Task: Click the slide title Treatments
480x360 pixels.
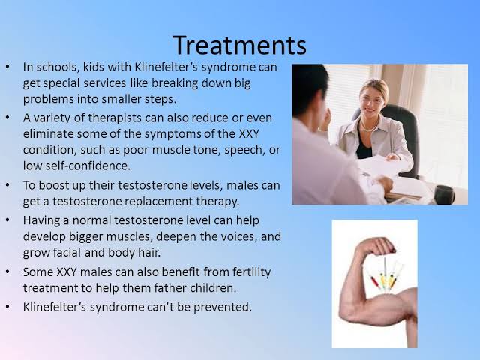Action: [x=239, y=45]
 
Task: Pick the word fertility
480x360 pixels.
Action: [x=252, y=271]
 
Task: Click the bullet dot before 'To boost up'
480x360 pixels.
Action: [x=7, y=185]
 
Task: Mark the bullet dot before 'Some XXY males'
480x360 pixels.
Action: [x=7, y=271]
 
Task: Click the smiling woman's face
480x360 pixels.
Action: [x=371, y=100]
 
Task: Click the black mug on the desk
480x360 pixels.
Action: [x=444, y=195]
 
